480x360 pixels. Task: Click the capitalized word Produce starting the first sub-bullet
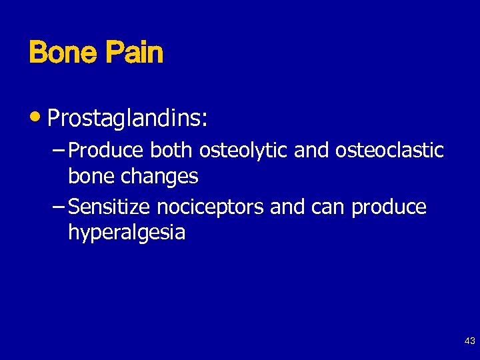107,151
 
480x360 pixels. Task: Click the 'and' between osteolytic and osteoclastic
311,151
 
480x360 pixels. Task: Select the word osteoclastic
389,151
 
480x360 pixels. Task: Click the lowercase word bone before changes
92,176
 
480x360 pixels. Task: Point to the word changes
160,177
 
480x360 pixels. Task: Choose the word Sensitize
110,207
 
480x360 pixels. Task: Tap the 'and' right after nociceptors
287,207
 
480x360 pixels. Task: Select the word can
328,208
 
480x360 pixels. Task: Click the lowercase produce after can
389,208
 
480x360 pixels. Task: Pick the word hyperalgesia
127,233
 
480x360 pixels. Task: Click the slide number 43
469,341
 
